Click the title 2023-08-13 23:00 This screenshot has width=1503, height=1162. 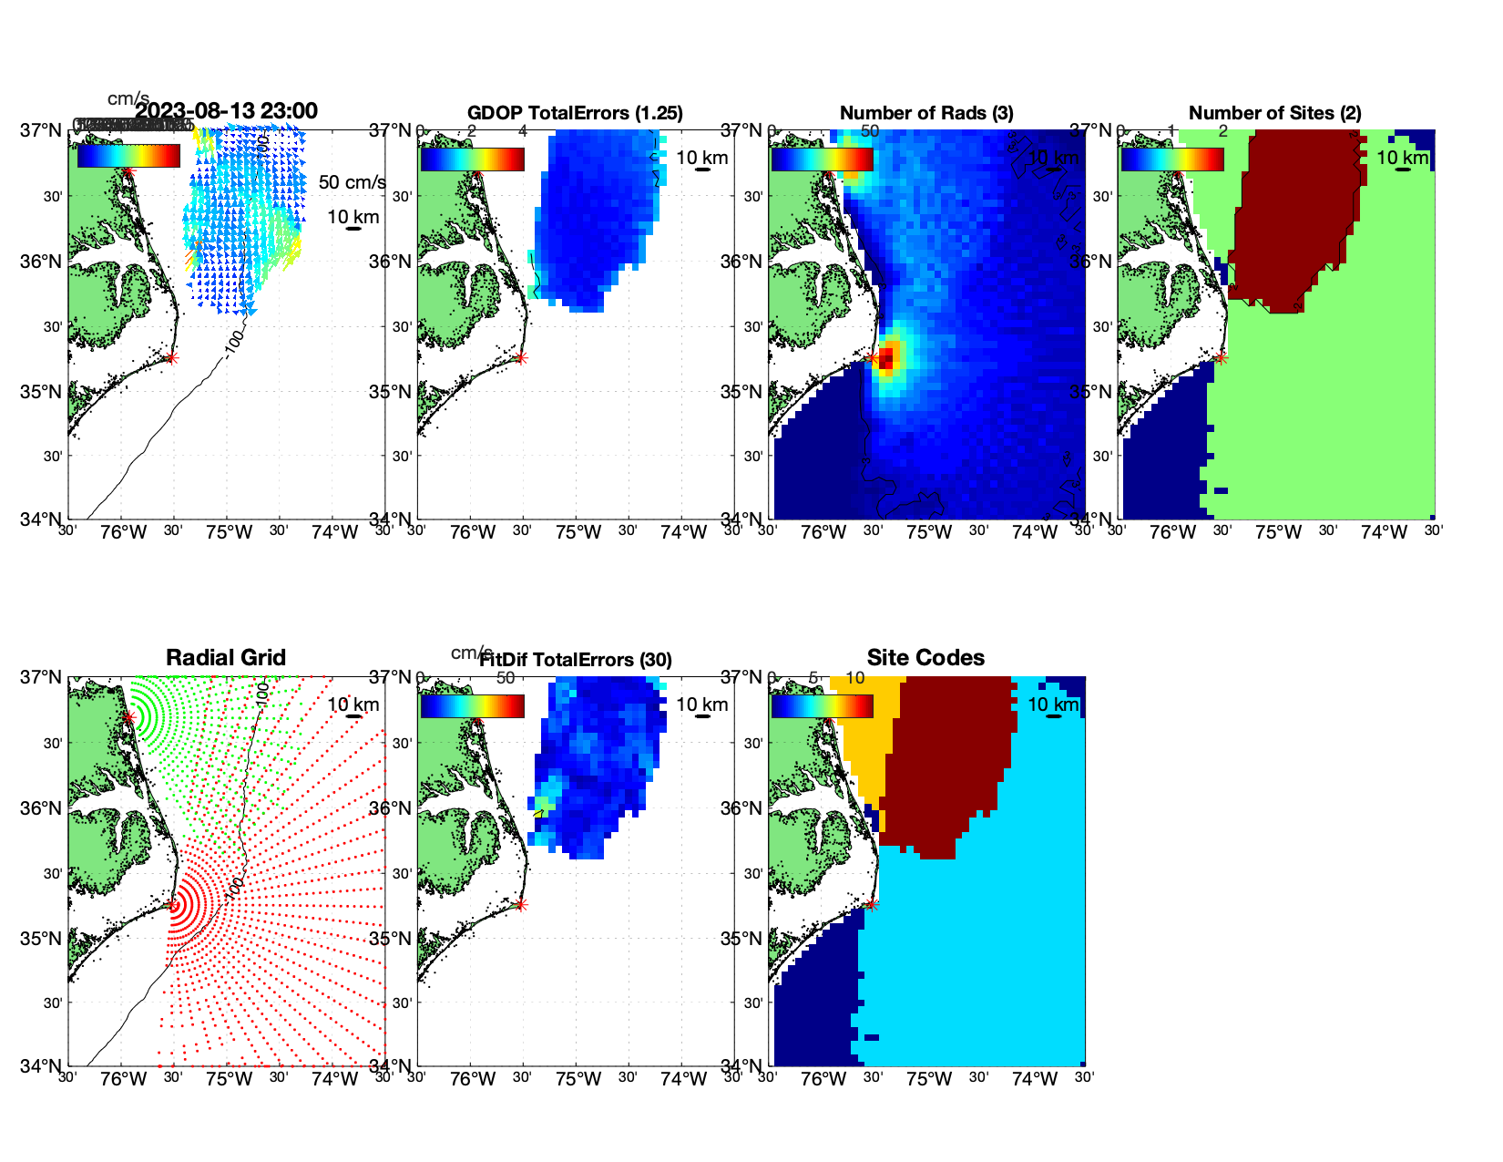point(226,111)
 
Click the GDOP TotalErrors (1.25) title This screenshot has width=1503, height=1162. point(575,113)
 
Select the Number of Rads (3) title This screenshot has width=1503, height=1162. point(926,113)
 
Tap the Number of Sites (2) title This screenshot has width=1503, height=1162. point(1274,113)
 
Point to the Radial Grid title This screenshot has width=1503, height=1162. point(226,658)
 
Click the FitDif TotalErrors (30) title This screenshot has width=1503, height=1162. point(575,660)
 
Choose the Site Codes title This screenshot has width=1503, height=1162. point(925,658)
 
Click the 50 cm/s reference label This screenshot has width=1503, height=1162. point(352,182)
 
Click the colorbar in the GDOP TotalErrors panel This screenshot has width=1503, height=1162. point(472,159)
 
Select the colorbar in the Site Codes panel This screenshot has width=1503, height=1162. point(822,705)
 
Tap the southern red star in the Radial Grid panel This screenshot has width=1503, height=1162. point(172,905)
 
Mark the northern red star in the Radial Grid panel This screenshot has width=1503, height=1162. point(128,718)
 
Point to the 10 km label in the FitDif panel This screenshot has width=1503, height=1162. point(701,704)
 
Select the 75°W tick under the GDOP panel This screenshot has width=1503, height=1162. point(578,532)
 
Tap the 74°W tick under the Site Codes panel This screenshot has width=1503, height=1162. point(1034,1079)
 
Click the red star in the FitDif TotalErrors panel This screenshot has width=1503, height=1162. point(521,905)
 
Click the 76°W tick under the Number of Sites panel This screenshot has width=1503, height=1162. point(1172,532)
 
